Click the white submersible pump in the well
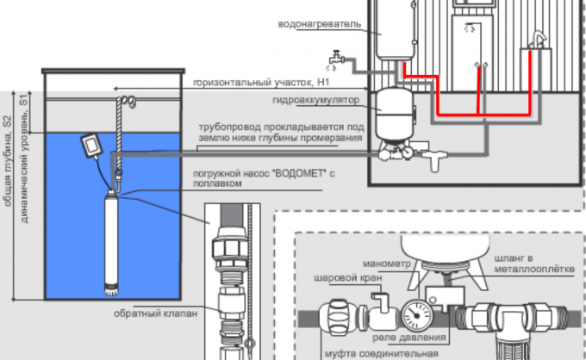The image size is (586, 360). coord(111,242)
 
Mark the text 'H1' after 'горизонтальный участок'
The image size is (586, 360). coord(322,82)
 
